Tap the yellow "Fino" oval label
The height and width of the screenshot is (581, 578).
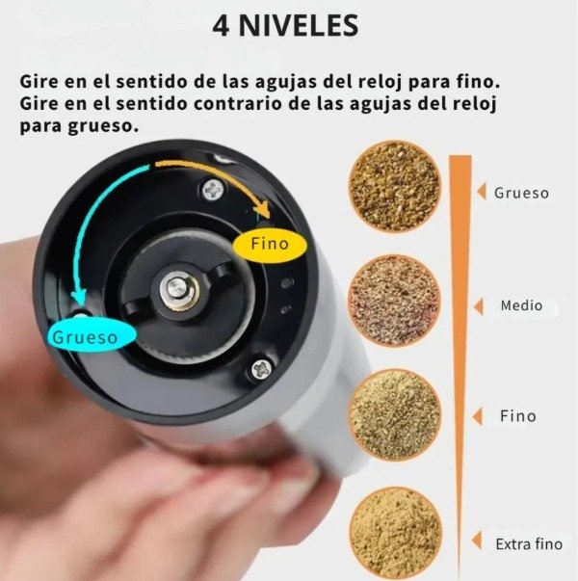[x=270, y=245]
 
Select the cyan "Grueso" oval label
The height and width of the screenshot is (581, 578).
[x=85, y=337]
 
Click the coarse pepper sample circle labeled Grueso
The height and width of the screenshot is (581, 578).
[x=394, y=186]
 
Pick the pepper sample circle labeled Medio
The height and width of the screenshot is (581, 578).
[x=393, y=301]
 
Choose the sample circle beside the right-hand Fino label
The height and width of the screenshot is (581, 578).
[x=393, y=415]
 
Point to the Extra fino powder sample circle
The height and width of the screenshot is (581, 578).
[x=393, y=532]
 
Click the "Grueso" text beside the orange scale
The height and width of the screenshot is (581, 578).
[x=521, y=193]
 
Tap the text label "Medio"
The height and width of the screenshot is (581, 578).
[x=521, y=306]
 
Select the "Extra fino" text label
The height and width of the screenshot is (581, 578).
[x=529, y=544]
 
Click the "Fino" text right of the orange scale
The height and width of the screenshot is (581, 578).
[x=517, y=417]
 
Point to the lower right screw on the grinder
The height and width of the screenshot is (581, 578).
[x=261, y=368]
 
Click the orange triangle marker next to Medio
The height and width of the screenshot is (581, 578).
[x=476, y=306]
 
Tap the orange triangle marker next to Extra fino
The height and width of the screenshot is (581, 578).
[x=476, y=544]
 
